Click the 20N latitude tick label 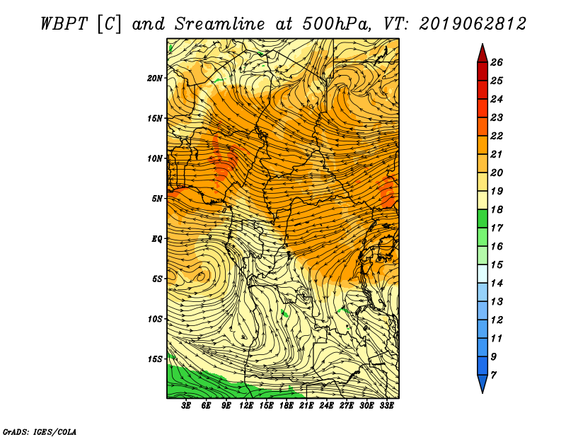point(155,78)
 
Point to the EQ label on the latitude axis point(157,238)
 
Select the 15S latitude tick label point(155,359)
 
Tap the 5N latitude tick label point(157,199)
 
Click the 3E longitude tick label point(186,406)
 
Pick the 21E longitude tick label point(306,406)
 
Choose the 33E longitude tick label point(386,406)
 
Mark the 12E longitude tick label point(246,406)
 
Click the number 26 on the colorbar point(497,62)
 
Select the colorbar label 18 point(497,209)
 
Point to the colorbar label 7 point(493,375)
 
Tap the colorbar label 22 point(497,136)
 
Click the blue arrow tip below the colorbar point(483,392)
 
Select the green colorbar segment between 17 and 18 point(483,218)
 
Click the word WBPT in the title point(64,24)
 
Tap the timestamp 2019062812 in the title point(473,24)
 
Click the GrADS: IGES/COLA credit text point(40,431)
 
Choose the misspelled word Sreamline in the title point(219,24)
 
